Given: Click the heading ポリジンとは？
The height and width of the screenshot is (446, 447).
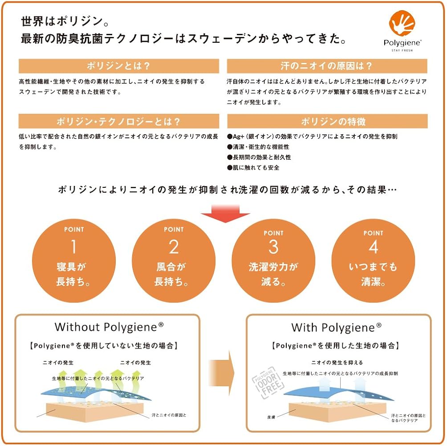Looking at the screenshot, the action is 119,66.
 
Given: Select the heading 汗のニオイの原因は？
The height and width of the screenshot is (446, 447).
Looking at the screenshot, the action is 327,66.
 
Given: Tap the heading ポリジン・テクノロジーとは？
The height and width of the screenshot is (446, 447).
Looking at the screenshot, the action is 119,121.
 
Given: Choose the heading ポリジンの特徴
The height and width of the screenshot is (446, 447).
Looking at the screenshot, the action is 327,121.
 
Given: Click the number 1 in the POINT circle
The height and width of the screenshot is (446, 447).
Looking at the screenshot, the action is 74,247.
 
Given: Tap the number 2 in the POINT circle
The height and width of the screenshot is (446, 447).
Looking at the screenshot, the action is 174,247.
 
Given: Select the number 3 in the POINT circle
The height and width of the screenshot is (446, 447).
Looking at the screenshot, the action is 273,247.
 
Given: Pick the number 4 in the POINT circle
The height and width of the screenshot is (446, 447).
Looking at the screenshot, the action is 373,247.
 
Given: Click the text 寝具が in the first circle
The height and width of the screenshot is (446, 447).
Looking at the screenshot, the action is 74,267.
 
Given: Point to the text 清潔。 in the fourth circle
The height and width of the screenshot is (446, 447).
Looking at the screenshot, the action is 373,282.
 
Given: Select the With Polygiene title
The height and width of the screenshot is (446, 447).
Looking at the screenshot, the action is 337,328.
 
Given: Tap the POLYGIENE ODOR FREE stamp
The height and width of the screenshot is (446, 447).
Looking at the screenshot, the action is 264,382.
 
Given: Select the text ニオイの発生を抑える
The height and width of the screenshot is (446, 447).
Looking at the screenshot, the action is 337,362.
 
